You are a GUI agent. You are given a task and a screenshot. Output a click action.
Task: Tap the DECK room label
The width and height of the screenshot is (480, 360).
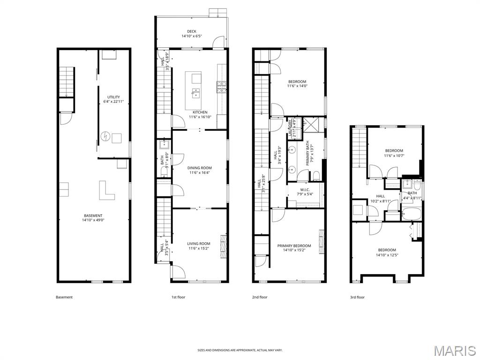(x=191, y=31)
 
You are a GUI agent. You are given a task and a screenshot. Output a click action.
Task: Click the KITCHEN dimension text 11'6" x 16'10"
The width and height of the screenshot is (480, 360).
(x=200, y=117)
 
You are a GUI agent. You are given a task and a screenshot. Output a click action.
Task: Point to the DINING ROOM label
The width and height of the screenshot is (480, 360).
(x=200, y=168)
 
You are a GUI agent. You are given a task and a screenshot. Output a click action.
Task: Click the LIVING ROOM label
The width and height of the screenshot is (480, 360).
(x=199, y=244)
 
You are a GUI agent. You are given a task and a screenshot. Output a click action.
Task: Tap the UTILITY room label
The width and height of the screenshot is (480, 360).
(x=113, y=97)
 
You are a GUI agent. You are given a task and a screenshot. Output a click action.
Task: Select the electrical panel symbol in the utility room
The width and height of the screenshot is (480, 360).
(x=105, y=137)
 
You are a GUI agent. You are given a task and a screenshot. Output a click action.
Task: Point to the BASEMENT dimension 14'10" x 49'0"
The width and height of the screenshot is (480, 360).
(x=93, y=220)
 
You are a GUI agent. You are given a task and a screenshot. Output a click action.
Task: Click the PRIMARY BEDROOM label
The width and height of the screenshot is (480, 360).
(x=294, y=246)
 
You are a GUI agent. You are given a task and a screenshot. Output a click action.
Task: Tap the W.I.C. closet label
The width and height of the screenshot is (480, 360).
(x=305, y=189)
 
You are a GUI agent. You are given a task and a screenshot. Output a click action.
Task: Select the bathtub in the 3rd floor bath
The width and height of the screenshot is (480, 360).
(x=412, y=214)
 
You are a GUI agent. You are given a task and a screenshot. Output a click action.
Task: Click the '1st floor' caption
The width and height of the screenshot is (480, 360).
(x=178, y=297)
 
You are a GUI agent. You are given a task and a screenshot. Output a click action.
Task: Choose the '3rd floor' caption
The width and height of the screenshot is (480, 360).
(x=357, y=297)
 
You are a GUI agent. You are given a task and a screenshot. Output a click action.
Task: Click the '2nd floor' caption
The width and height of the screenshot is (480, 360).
(x=260, y=297)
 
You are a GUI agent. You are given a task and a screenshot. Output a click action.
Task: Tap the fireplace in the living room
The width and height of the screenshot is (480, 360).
(x=223, y=244)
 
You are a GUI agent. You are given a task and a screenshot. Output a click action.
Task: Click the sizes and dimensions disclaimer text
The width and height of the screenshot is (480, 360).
(x=240, y=350)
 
